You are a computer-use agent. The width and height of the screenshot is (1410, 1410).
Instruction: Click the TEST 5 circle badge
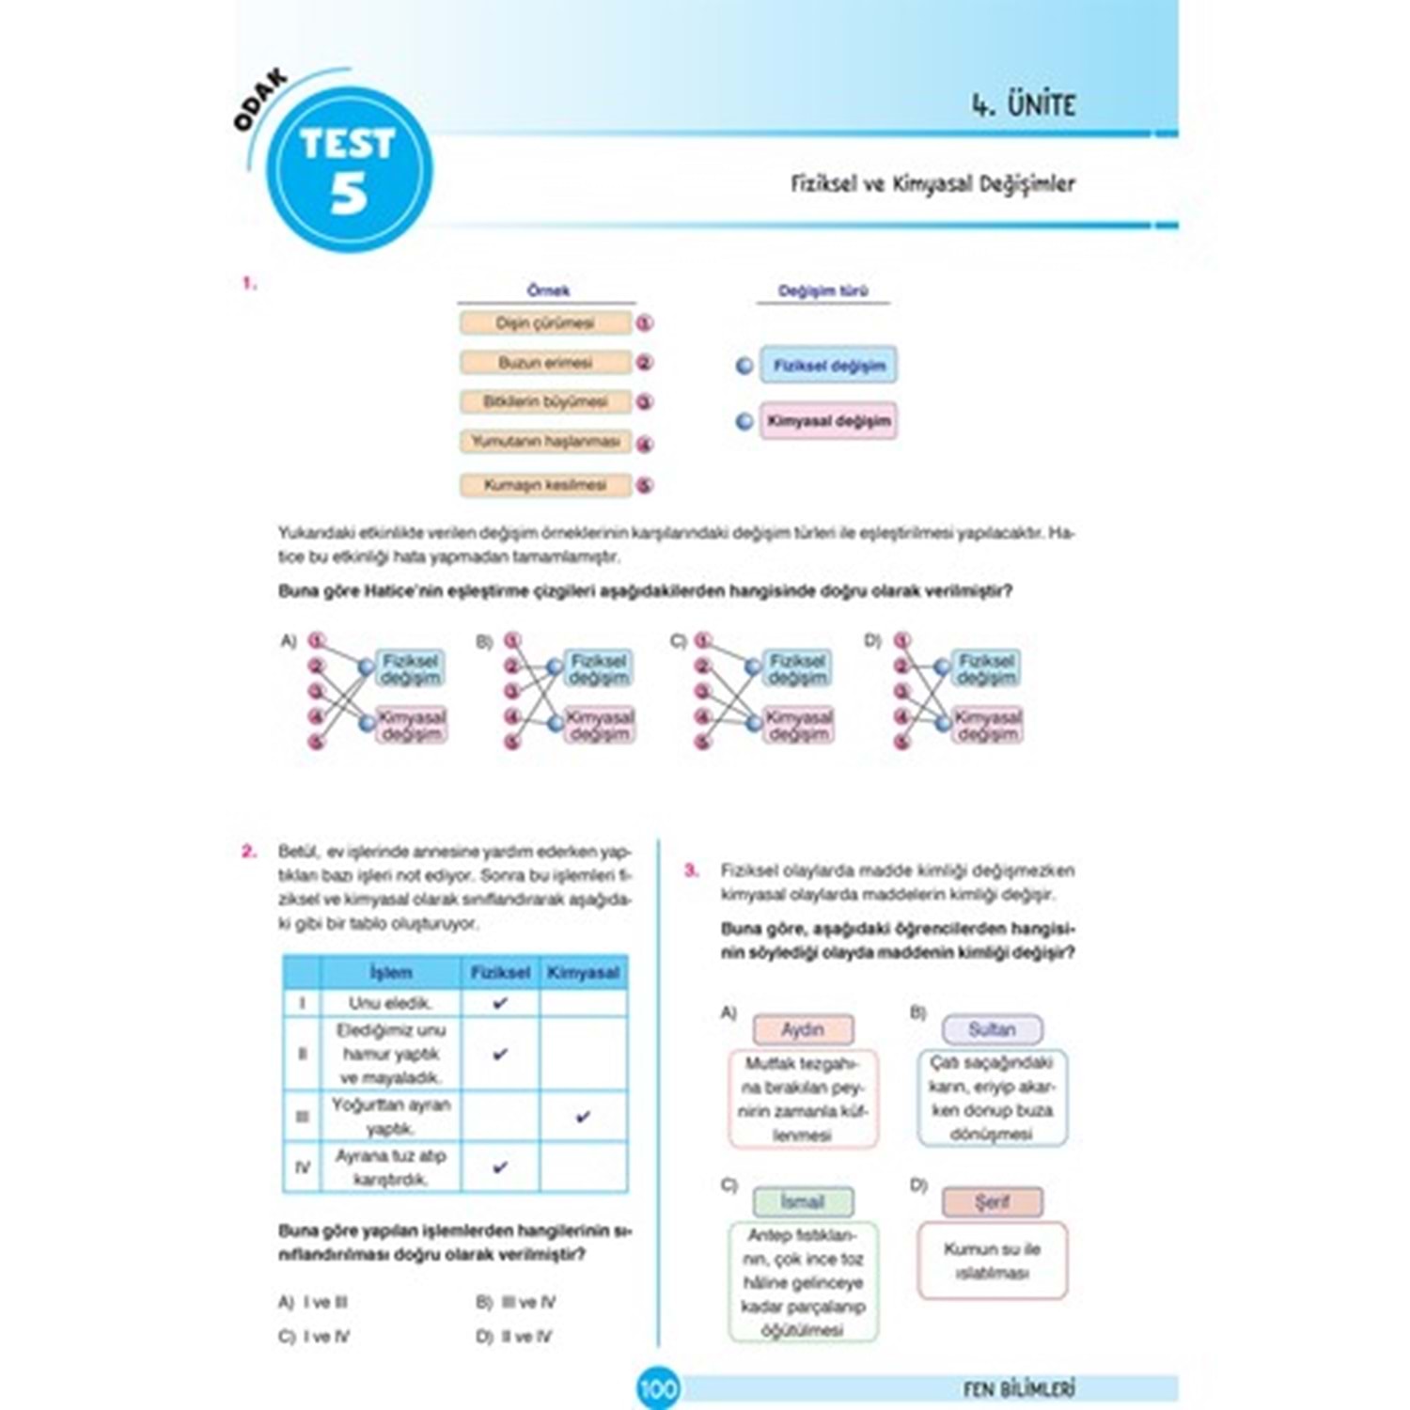[349, 170]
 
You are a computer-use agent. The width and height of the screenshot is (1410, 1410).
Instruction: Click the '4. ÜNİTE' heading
[1023, 104]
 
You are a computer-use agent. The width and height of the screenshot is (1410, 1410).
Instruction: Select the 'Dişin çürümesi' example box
[545, 323]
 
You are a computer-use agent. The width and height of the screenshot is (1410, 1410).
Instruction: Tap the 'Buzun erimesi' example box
[545, 363]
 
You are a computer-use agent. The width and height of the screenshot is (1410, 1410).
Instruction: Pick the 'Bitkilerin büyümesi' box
[545, 402]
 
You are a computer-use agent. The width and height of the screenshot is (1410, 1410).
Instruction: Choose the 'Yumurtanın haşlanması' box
[545, 442]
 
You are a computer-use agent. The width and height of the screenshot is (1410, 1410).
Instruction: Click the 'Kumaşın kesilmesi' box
[545, 485]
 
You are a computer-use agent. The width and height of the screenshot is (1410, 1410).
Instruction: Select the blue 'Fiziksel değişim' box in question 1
[828, 366]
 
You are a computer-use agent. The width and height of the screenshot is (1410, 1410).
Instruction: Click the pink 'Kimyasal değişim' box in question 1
[828, 421]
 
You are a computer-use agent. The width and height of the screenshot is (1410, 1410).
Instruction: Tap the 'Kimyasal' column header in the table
[583, 973]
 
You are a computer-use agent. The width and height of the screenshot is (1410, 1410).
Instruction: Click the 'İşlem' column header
[390, 973]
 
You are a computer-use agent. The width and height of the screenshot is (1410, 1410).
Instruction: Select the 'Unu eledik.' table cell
[390, 1003]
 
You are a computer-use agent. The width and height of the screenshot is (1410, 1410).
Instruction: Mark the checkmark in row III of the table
[583, 1117]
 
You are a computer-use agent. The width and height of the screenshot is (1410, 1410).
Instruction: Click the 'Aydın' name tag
[803, 1030]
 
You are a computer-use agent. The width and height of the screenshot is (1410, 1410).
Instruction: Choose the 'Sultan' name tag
[992, 1030]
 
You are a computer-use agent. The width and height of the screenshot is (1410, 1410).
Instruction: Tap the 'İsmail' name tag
[803, 1202]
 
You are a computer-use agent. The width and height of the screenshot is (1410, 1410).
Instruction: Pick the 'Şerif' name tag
[992, 1202]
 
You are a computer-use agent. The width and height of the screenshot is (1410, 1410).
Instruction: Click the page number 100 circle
[658, 1387]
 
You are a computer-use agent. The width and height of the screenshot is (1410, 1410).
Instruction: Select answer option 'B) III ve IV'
[516, 1303]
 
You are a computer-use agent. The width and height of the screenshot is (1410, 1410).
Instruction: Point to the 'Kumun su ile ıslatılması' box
[992, 1261]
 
